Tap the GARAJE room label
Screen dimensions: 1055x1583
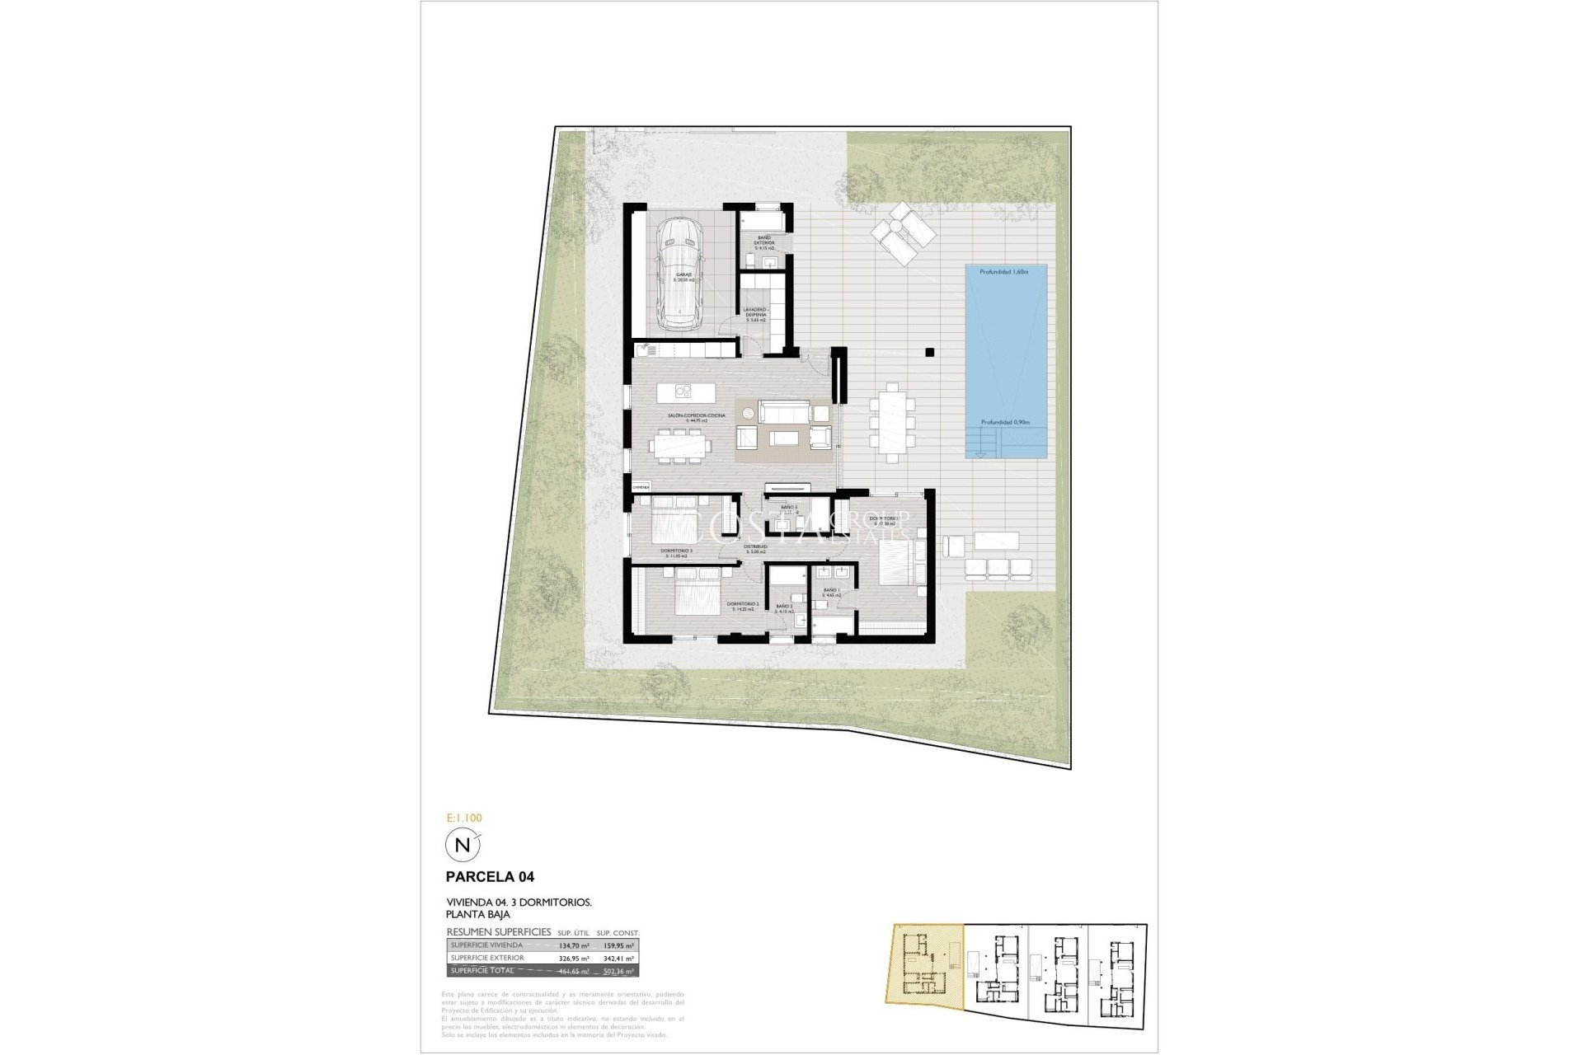click(x=683, y=276)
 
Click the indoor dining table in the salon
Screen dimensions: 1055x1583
click(x=680, y=446)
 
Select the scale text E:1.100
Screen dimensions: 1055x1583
click(x=463, y=818)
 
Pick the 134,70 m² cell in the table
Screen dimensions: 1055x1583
click(x=573, y=945)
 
